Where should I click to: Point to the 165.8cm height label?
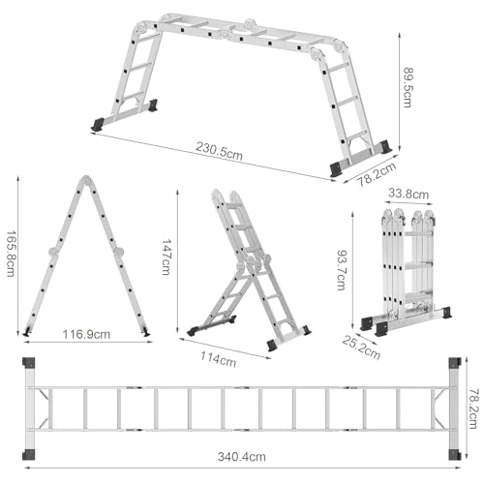(x=9, y=253)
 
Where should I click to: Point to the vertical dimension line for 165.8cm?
(x=19, y=254)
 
